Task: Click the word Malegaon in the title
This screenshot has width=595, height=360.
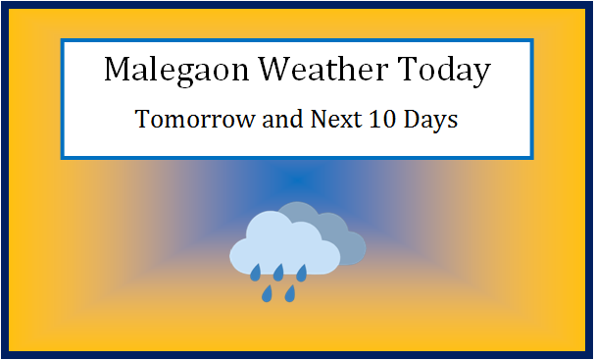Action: (x=166, y=72)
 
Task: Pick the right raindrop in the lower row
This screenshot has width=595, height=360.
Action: (x=290, y=292)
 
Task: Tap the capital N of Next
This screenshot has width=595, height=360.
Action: (x=298, y=122)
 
